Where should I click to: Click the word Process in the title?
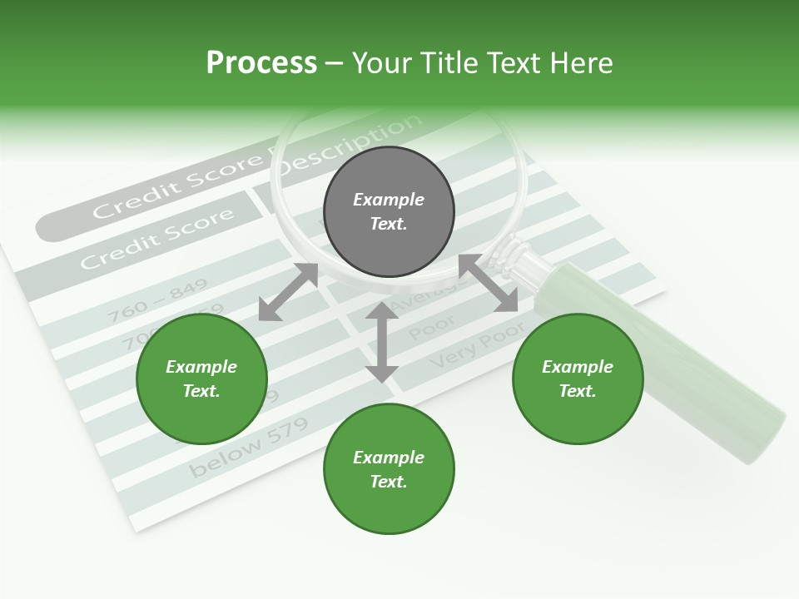click(x=261, y=63)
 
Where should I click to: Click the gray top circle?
click(x=389, y=212)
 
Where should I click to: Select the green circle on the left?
click(x=201, y=379)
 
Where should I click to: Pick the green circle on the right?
click(x=578, y=379)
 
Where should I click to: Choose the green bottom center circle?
click(x=389, y=469)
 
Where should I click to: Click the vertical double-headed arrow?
click(x=382, y=342)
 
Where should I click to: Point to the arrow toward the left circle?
click(x=288, y=292)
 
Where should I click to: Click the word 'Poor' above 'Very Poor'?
click(x=433, y=328)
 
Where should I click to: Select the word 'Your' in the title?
click(x=384, y=63)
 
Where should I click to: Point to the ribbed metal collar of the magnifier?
click(x=517, y=255)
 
